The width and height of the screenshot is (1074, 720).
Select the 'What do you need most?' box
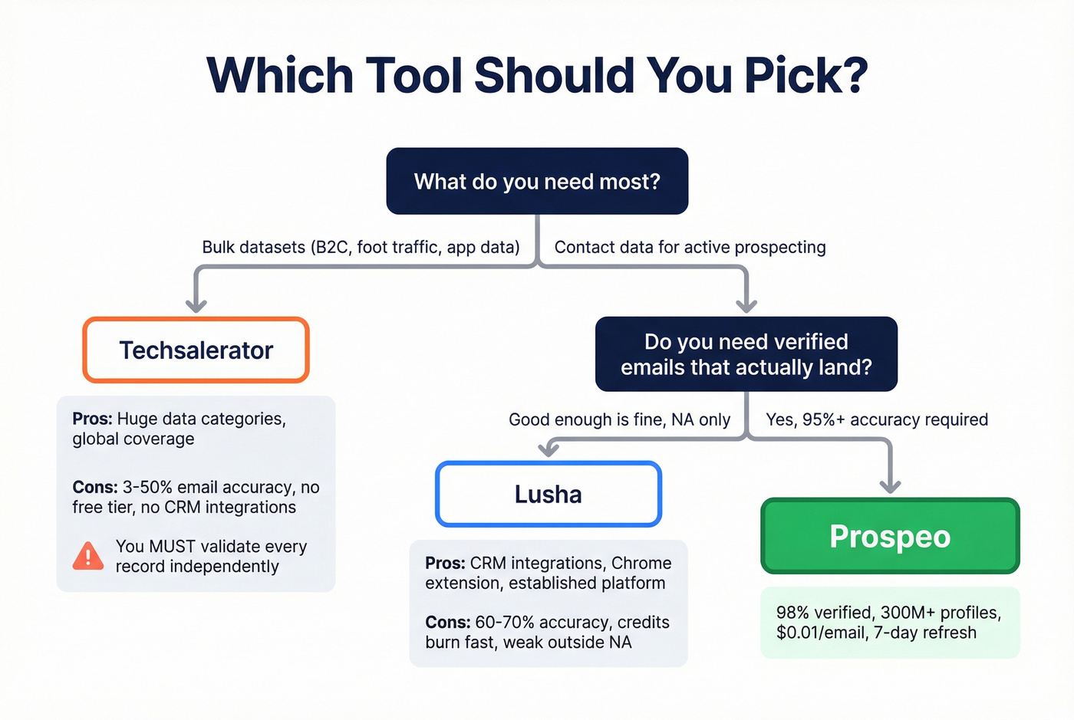[537, 181]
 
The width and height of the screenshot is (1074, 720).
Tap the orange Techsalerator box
[196, 350]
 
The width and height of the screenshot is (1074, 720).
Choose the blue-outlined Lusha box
[548, 495]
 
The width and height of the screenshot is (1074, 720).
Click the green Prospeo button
[890, 536]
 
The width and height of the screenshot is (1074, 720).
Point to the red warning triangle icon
[88, 556]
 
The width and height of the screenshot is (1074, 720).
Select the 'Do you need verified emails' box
[746, 354]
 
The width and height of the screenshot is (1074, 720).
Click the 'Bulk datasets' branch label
[361, 247]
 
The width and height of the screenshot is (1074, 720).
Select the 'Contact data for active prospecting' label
[690, 247]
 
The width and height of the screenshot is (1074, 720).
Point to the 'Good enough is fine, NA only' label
[619, 419]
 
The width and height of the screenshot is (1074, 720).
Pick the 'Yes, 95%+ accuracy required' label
[877, 419]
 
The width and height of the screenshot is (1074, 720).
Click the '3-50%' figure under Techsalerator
[147, 487]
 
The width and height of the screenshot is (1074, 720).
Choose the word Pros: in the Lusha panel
[445, 563]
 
